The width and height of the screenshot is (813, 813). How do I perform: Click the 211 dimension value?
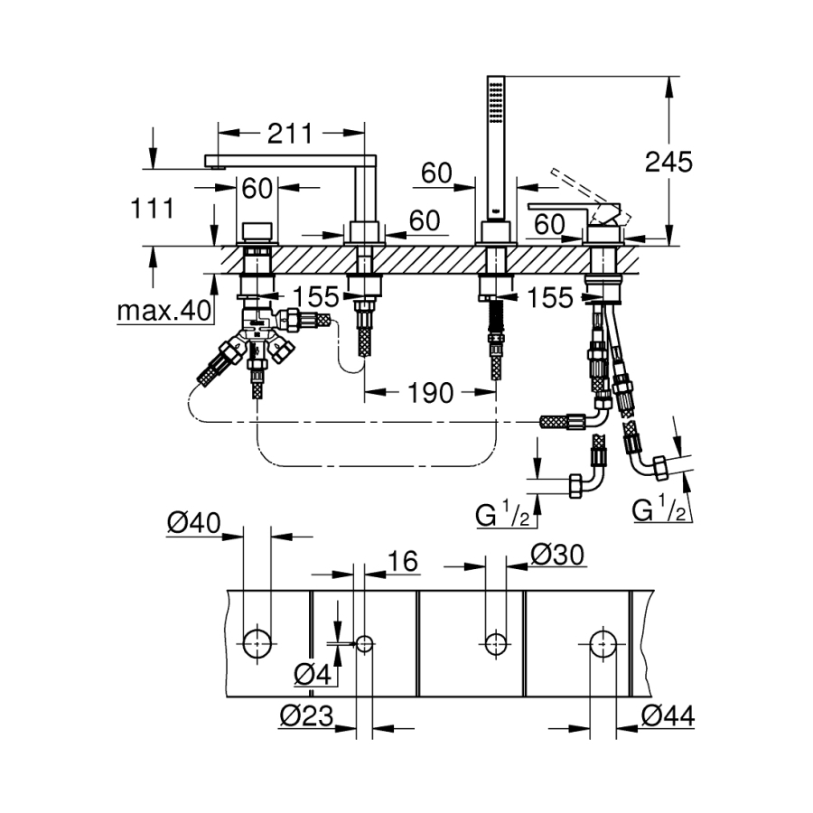(289, 134)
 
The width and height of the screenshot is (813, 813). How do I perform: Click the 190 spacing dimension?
(430, 392)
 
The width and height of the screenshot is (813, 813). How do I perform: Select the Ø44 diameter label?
(668, 716)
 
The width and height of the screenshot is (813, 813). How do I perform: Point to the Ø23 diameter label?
(305, 716)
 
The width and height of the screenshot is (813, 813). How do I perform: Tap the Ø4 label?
(311, 673)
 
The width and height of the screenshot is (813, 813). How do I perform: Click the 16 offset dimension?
(404, 562)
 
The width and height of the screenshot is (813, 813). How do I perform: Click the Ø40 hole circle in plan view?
(257, 643)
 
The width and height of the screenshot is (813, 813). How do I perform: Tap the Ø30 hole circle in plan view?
(493, 643)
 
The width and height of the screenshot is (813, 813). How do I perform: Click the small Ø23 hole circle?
(364, 643)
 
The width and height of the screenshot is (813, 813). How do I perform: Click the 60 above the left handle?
(257, 189)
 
